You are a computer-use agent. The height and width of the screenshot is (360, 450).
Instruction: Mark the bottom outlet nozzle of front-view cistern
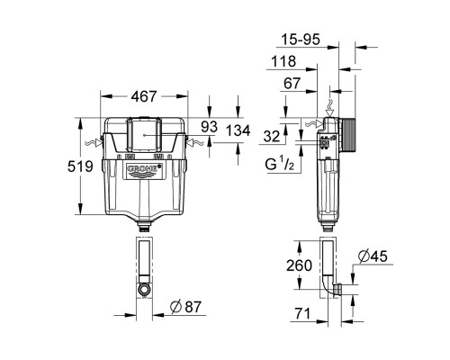pyautogui.click(x=143, y=223)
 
